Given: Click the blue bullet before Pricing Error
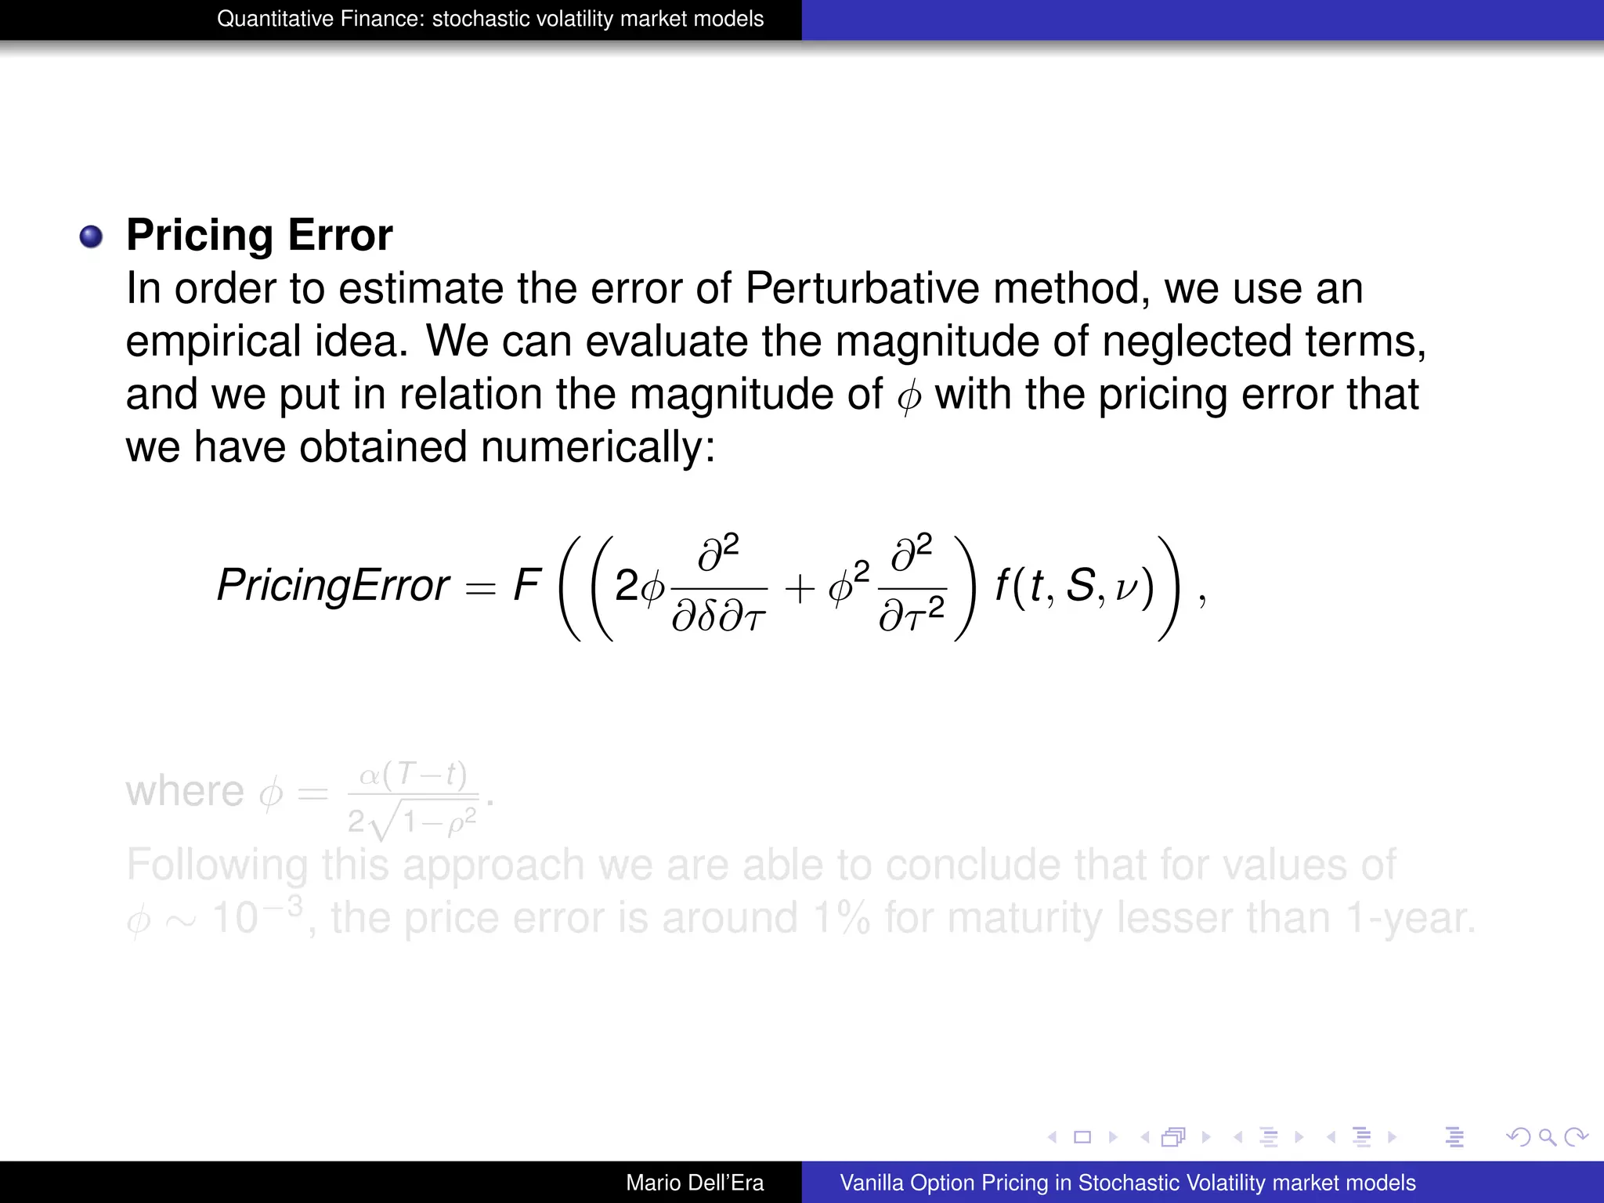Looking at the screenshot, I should point(92,237).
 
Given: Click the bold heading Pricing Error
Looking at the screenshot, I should point(259,235).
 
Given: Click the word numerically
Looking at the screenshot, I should point(598,447).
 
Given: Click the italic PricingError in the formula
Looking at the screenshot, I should point(333,585).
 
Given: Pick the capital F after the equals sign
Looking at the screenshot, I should point(526,584).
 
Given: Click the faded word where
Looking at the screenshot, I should point(185,792).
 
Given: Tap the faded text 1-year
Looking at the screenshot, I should point(1410,918).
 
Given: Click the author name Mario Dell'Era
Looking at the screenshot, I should point(695,1183).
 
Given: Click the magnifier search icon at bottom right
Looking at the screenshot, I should point(1547,1136).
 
